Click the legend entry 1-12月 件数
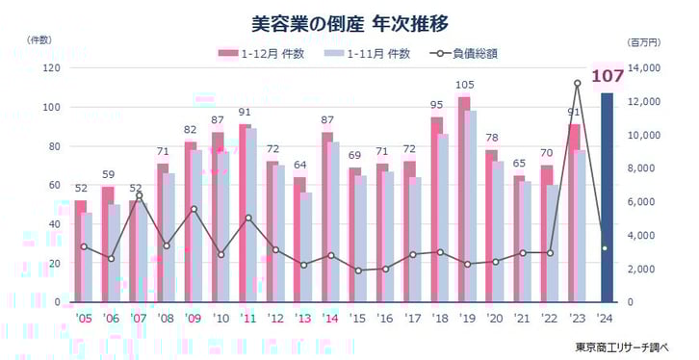[262, 53]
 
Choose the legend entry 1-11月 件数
[371, 53]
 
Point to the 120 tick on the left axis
[50, 68]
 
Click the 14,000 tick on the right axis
[642, 68]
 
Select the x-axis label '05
[82, 318]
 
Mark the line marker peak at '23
[577, 83]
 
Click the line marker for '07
[140, 194]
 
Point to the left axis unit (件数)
[42, 40]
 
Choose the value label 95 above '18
[437, 106]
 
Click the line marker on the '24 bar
[605, 248]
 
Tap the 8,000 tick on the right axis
[641, 168]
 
